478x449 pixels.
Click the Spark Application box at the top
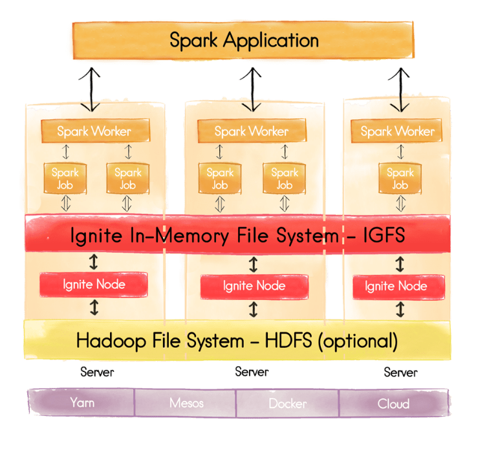point(243,40)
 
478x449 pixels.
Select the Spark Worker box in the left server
point(94,132)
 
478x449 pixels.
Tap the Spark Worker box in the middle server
point(251,132)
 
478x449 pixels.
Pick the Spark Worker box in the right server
point(397,132)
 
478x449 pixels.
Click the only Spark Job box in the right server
point(400,178)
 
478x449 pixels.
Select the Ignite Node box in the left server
point(94,284)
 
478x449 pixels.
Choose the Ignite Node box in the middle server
point(254,286)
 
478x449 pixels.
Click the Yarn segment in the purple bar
point(81,402)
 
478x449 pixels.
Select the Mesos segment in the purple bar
point(186,403)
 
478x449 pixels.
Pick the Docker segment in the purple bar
point(288,403)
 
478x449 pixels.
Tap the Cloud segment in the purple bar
point(393,403)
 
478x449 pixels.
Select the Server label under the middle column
point(252,372)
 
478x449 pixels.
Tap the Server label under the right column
point(400,373)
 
